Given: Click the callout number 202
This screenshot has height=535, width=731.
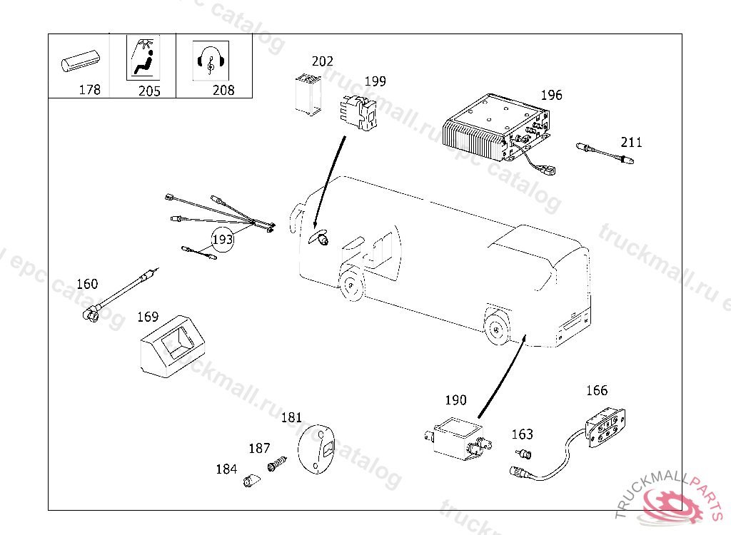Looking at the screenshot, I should point(322,61).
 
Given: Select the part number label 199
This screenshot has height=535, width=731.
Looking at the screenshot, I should point(375,81).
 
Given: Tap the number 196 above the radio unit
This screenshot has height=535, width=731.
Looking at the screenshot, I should point(551,95).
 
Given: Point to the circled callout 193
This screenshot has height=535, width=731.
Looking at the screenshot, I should point(223,240).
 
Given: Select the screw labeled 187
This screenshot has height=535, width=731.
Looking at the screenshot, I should point(276,464).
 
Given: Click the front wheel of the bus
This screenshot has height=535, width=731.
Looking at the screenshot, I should point(351,285).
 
